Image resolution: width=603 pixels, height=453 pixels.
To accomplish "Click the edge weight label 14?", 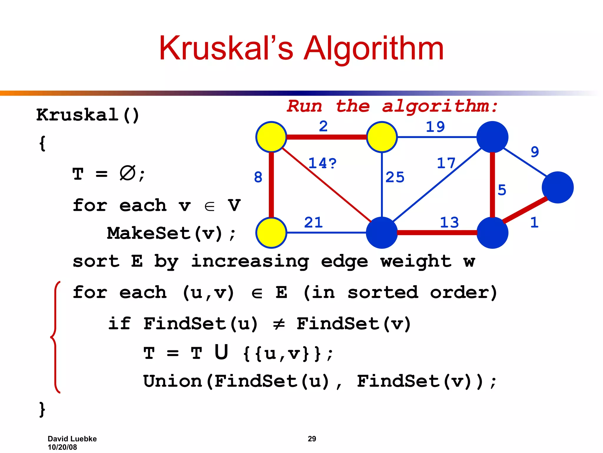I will pyautogui.click(x=322, y=163).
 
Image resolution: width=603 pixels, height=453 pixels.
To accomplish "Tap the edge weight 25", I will pyautogui.click(x=395, y=177).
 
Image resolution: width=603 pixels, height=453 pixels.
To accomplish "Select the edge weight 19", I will pyautogui.click(x=435, y=127).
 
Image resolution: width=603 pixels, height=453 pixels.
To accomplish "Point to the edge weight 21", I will pyautogui.click(x=313, y=222).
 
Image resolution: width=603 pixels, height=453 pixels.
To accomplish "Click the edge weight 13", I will pyautogui.click(x=449, y=222).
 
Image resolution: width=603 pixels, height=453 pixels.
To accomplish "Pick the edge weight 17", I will pyautogui.click(x=446, y=163).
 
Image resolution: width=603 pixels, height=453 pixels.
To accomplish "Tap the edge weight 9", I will pyautogui.click(x=535, y=152).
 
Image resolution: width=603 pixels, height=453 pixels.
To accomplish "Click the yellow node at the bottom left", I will pyautogui.click(x=271, y=233).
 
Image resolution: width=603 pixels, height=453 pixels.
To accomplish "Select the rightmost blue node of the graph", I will pyautogui.click(x=557, y=188).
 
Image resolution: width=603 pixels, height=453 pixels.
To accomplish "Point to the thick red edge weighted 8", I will pyautogui.click(x=271, y=185).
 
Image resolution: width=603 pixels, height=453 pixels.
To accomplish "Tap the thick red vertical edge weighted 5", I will pyautogui.click(x=492, y=185).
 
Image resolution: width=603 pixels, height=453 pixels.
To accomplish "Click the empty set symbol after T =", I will pyautogui.click(x=127, y=173).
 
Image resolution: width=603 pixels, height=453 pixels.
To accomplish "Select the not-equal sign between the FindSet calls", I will pyautogui.click(x=279, y=324).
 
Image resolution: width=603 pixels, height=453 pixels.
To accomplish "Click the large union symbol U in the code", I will pyautogui.click(x=221, y=352).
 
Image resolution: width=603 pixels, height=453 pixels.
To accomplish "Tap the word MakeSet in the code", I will pyautogui.click(x=149, y=233).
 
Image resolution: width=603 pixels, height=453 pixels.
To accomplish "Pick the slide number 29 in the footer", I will pyautogui.click(x=312, y=439).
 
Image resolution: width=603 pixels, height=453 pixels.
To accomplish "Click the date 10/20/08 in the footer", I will pyautogui.click(x=62, y=447).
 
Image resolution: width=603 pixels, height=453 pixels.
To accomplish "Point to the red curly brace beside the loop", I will pyautogui.click(x=55, y=337).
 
